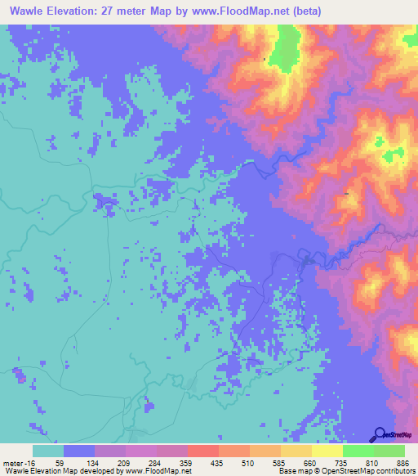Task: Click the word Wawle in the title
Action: (x=29, y=11)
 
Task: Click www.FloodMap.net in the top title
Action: (x=245, y=11)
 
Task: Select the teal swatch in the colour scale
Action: (x=48, y=451)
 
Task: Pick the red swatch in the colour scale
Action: (x=203, y=451)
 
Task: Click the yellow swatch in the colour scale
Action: (x=327, y=451)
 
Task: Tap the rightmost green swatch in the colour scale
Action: (x=389, y=451)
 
